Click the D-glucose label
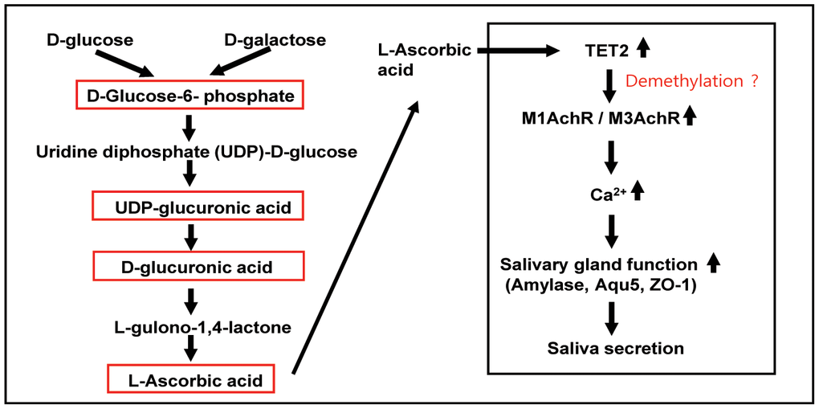click(89, 39)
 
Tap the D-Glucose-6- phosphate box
click(190, 97)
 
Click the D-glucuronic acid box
click(198, 266)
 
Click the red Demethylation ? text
click(691, 81)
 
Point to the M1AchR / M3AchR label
click(599, 119)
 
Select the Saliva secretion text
click(615, 348)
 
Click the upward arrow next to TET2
click(642, 48)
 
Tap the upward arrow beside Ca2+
click(638, 191)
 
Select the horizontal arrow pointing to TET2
click(518, 51)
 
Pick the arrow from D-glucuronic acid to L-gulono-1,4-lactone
click(191, 299)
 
